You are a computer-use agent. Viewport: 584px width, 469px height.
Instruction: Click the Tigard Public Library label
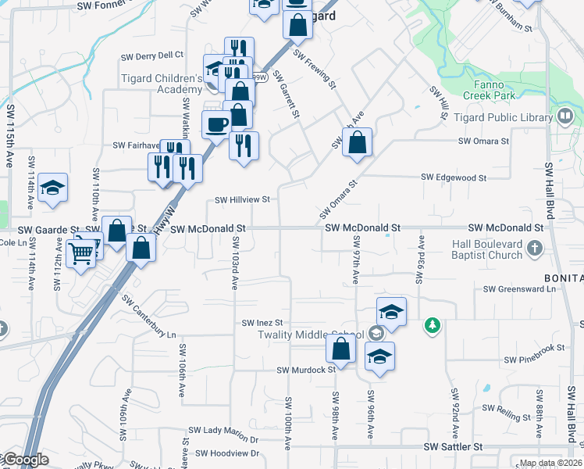tap(514, 117)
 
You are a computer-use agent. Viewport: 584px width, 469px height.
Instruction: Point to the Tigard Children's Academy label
tap(162, 84)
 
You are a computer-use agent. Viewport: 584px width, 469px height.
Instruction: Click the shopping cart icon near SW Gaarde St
tap(82, 252)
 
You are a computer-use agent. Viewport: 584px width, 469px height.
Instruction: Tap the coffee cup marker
tap(216, 124)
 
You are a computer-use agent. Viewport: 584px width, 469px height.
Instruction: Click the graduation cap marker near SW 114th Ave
tap(52, 188)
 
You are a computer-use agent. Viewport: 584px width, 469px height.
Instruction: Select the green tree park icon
tap(432, 324)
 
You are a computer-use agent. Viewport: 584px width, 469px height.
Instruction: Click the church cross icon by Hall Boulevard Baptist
tap(535, 249)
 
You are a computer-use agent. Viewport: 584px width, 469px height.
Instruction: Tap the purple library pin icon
tap(566, 116)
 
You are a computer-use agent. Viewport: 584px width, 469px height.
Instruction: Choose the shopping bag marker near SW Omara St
tap(357, 143)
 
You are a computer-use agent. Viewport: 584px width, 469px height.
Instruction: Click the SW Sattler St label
tap(454, 447)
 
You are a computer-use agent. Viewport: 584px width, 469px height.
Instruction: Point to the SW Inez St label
tap(262, 322)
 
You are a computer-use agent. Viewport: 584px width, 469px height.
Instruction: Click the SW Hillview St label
tap(243, 199)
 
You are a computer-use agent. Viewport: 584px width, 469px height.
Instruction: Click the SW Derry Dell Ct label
tap(152, 55)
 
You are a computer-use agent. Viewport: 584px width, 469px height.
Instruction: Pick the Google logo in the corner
tap(26, 460)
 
